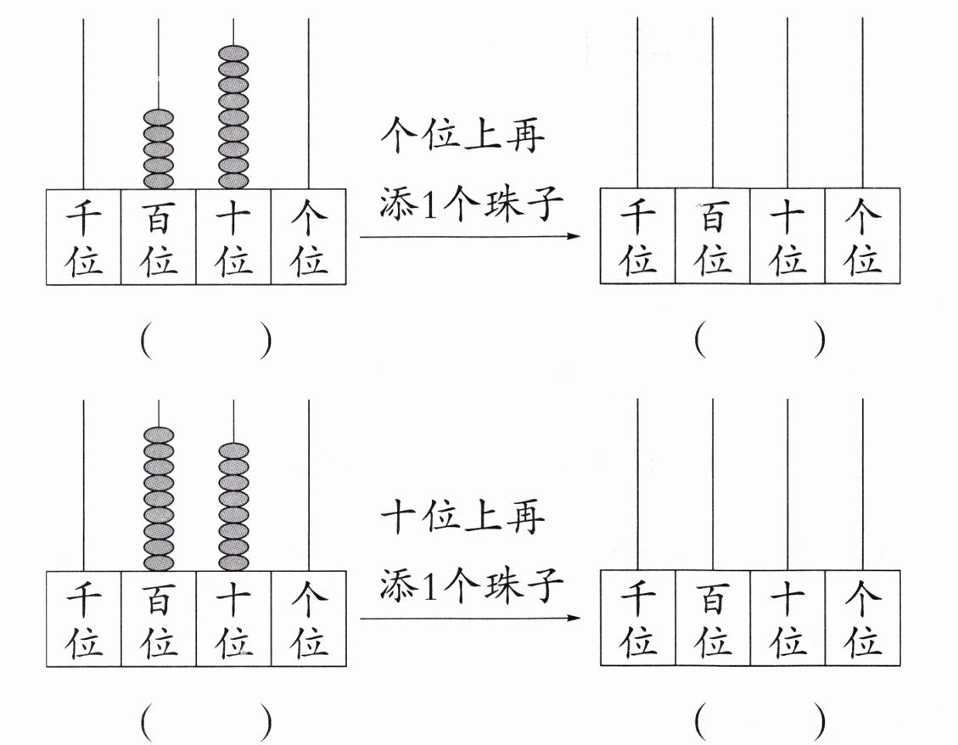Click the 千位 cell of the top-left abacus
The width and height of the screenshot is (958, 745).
(x=84, y=237)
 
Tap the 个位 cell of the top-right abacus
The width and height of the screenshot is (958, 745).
(x=862, y=237)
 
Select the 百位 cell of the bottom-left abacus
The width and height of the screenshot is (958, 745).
(x=159, y=618)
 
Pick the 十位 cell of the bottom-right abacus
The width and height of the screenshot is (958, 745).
(x=787, y=618)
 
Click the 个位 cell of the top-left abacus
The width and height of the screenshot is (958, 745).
(x=309, y=237)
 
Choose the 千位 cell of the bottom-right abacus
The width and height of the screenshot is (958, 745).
(x=637, y=618)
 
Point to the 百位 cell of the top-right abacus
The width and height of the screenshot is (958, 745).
(x=713, y=237)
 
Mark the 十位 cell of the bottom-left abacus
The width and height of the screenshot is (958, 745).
(x=233, y=618)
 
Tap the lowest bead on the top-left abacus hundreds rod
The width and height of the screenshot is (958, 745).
(x=159, y=180)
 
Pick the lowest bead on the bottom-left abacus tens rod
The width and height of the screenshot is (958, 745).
(x=233, y=562)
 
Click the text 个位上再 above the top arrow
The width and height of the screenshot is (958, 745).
(x=462, y=135)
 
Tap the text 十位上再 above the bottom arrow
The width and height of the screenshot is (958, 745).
(x=462, y=517)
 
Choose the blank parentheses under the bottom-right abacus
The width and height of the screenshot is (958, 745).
(x=759, y=723)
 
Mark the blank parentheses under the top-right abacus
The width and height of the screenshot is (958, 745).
(x=759, y=342)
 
